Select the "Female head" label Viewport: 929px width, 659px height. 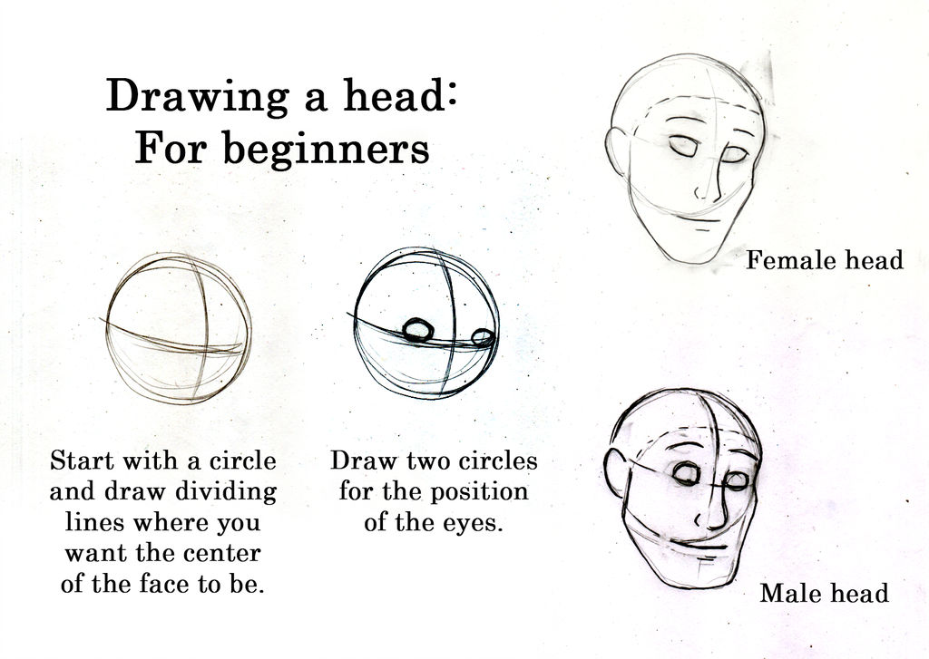(825, 261)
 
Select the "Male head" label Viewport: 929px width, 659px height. (824, 594)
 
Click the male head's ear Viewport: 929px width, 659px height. (616, 472)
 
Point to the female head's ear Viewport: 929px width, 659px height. (616, 150)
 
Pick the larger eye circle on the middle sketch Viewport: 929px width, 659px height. (416, 330)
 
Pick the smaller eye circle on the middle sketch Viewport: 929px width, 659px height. (483, 338)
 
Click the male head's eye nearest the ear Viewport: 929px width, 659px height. (686, 472)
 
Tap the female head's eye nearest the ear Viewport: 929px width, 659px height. (682, 145)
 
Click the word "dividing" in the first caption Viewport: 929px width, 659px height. (226, 492)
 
